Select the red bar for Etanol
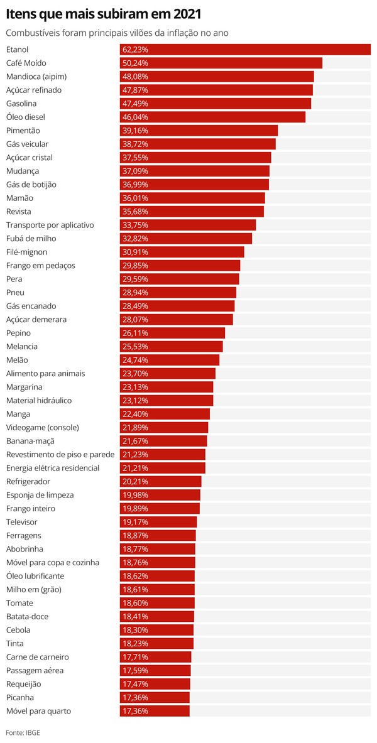point(245,50)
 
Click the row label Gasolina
point(21,104)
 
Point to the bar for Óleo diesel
point(212,117)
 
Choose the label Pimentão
point(23,131)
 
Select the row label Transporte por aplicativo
point(50,225)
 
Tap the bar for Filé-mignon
point(182,252)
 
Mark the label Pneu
point(15,293)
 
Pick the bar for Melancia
point(171,347)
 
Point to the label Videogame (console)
point(42,428)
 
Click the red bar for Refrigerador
point(160,482)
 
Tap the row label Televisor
point(22,522)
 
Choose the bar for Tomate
point(157,603)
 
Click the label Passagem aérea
point(35,671)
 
